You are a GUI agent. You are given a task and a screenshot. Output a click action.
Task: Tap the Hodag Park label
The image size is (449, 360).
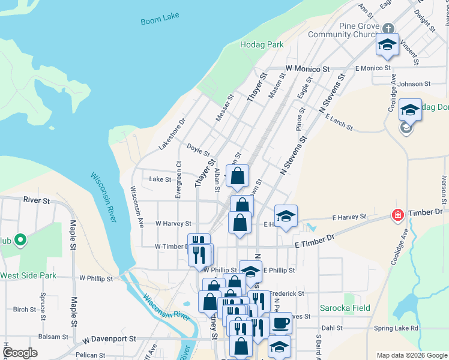[x=261, y=44]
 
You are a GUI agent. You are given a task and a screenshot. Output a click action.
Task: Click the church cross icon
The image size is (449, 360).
[x=388, y=28]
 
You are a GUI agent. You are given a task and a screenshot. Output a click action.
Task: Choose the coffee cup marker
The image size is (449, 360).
[x=280, y=324]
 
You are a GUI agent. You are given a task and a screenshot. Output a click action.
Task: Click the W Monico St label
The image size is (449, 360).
[x=308, y=70]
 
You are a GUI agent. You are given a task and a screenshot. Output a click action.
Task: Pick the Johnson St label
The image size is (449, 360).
[x=410, y=84]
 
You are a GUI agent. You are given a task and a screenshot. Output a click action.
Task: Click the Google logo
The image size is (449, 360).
[x=20, y=353]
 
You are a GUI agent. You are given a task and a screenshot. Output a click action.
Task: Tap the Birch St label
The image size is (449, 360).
[x=25, y=310]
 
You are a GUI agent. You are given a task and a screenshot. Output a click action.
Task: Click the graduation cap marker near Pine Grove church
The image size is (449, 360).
[x=387, y=44]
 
